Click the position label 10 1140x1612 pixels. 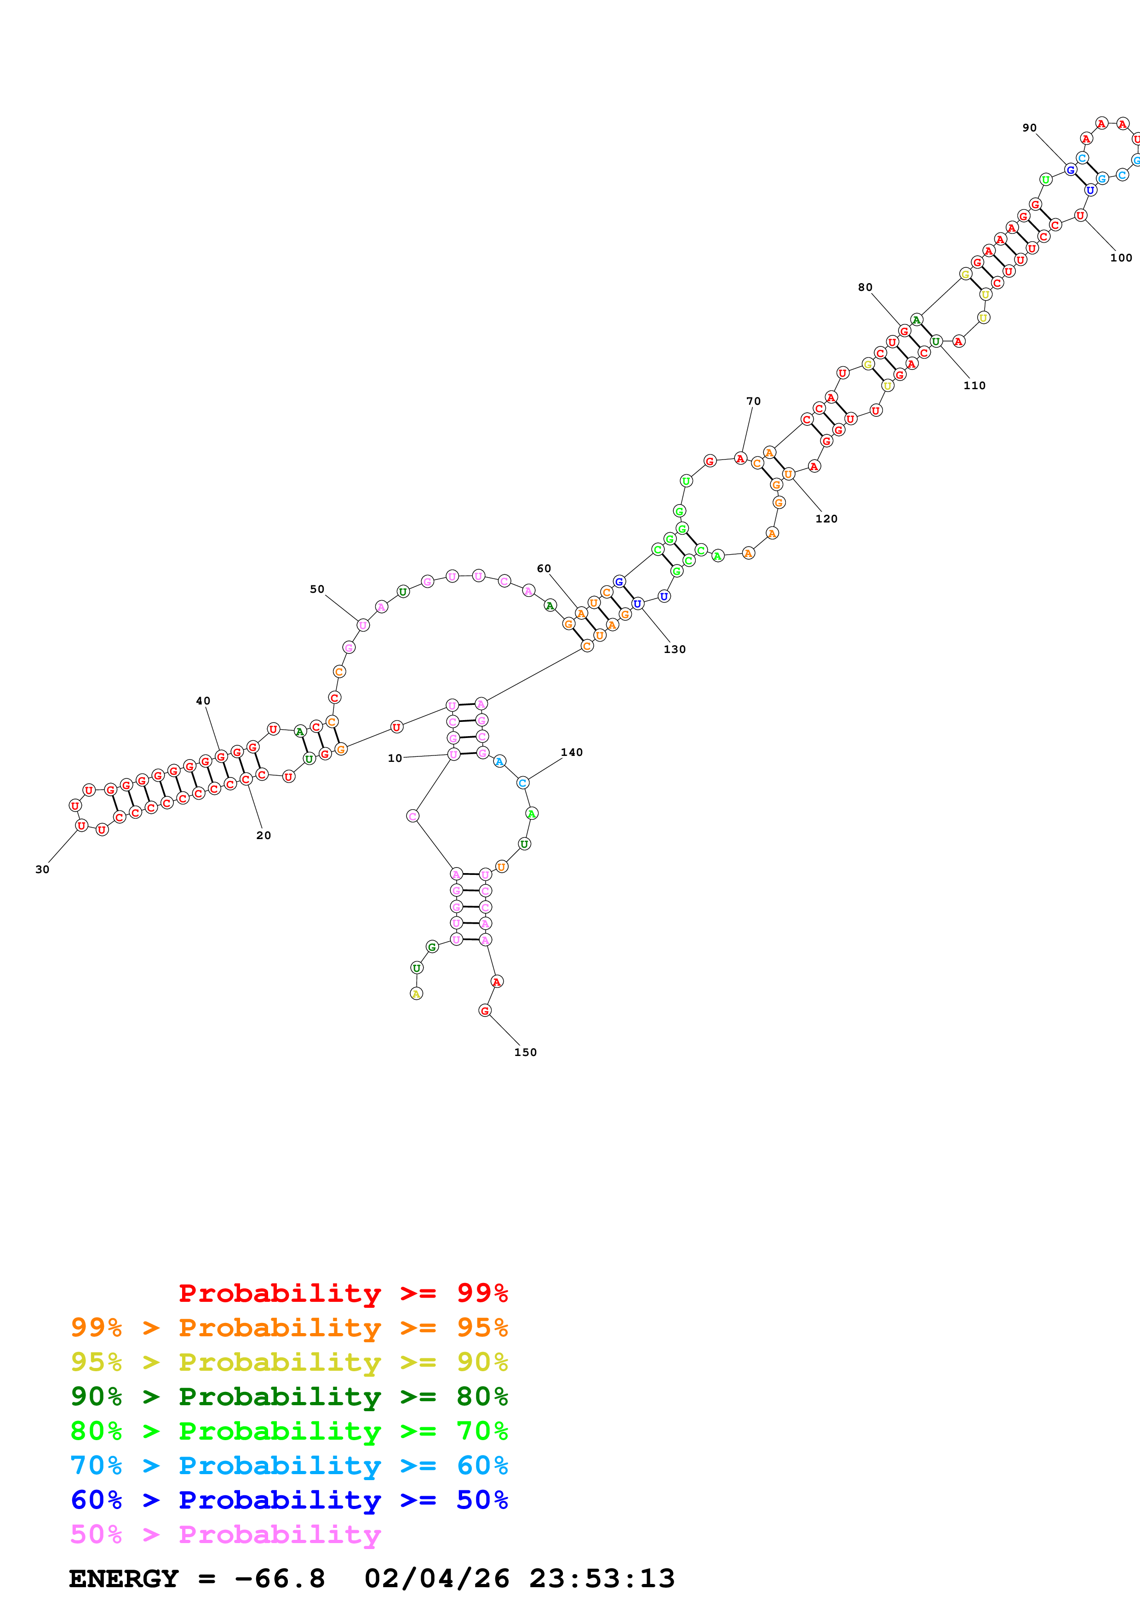pos(395,758)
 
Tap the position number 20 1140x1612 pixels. pos(264,835)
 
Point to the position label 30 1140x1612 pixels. pos(42,869)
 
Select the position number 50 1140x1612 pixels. pos(317,589)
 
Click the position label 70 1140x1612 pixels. pos(753,401)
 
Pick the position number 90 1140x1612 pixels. pos(1029,128)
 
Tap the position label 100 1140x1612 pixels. pos(1121,258)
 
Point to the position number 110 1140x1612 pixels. pos(974,386)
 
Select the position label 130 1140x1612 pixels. pos(674,649)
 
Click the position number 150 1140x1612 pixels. pos(526,1052)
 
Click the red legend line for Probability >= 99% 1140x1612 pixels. pos(343,1293)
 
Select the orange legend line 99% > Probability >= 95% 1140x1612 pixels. pos(289,1328)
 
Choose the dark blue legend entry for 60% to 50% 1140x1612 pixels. pos(289,1500)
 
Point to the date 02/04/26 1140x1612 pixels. pos(436,1578)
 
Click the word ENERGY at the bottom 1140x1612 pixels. pos(124,1578)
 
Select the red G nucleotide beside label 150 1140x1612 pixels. pos(485,1010)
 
